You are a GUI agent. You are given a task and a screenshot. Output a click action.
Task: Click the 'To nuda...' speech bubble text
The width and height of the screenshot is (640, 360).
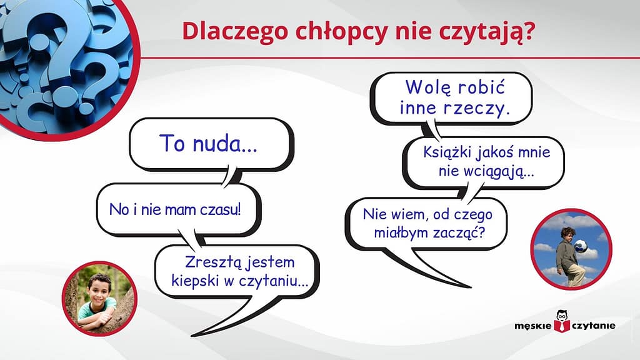tap(208, 143)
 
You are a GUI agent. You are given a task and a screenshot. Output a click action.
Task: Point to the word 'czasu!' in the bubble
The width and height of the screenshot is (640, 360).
tap(219, 209)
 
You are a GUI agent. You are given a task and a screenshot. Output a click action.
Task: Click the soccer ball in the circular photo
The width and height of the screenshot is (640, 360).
tap(581, 246)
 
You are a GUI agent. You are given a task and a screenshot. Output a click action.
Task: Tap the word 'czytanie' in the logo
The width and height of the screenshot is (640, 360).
tap(592, 325)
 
